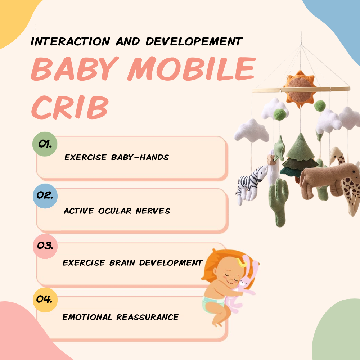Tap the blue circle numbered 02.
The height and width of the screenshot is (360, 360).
pos(45,196)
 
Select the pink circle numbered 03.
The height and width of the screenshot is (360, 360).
pos(45,247)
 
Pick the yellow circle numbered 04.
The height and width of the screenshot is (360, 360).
pos(45,299)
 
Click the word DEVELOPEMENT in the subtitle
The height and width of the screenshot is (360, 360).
pos(194,41)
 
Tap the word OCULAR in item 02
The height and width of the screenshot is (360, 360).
pos(115,211)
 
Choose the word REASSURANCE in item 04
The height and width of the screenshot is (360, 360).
pos(147,317)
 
